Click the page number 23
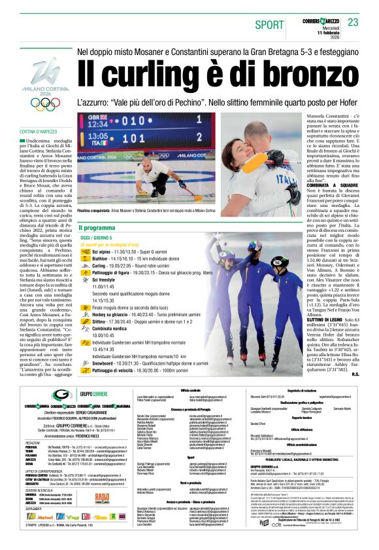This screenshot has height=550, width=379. point(353,23)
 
